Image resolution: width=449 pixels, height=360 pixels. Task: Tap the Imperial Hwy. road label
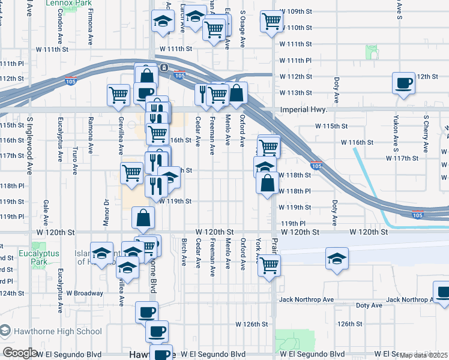(304, 110)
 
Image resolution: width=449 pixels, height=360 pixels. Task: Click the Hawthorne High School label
(58, 331)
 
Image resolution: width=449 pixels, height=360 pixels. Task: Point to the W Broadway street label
(85, 293)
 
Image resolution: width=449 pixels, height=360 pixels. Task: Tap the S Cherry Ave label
(426, 134)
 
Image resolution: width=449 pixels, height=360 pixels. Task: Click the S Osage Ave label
(243, 28)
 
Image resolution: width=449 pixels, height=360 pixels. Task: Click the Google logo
(20, 353)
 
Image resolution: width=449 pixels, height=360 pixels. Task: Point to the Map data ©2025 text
(423, 355)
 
